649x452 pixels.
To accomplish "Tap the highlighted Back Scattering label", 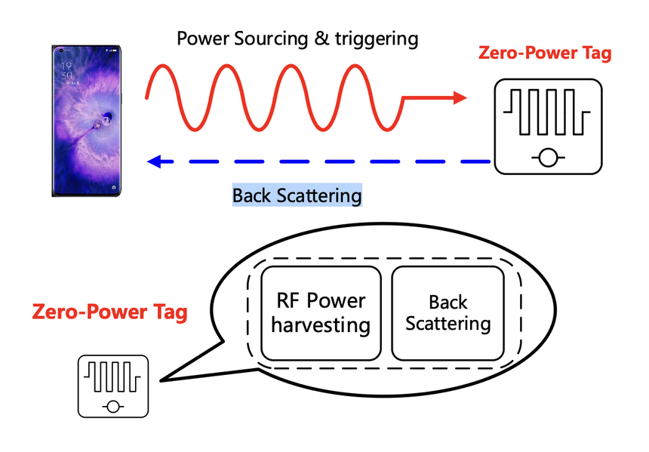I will tap(297, 195).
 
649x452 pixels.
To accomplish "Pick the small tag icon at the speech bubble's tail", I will tap(113, 386).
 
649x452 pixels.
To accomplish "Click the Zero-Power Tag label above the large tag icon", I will tap(545, 54).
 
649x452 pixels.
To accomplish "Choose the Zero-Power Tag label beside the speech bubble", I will tap(109, 312).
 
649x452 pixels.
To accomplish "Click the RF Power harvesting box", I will tap(321, 312).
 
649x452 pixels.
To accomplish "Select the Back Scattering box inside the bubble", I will tap(448, 312).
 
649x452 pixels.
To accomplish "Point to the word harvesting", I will tap(321, 326).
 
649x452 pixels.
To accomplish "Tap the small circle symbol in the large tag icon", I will tap(547, 158).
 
